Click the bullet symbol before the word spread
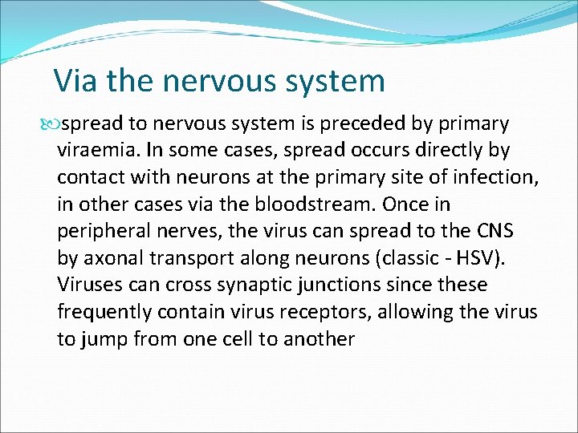(53, 124)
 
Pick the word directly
(446, 151)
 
